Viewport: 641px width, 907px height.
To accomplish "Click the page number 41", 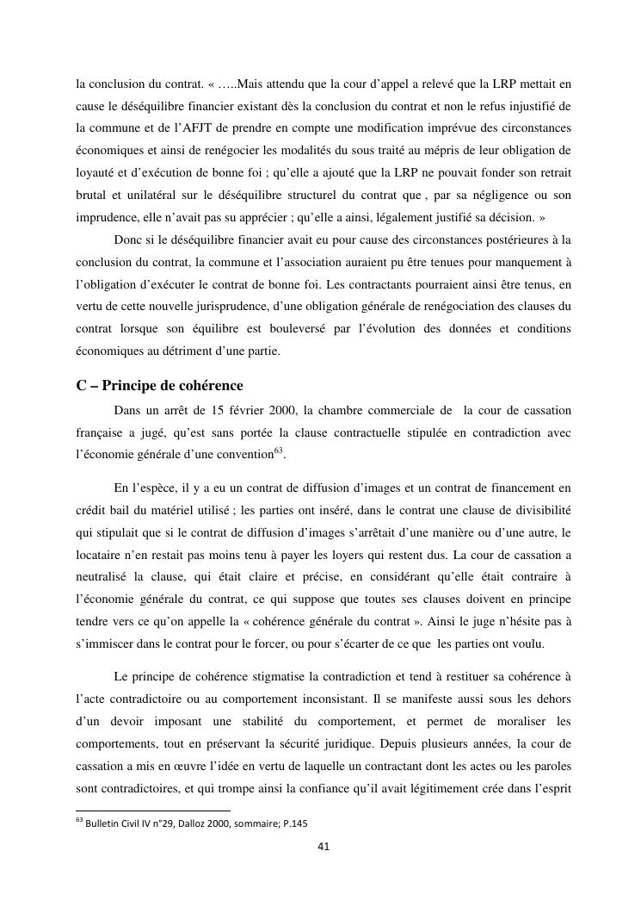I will click(324, 846).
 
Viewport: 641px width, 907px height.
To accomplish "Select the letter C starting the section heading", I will click(82, 385).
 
